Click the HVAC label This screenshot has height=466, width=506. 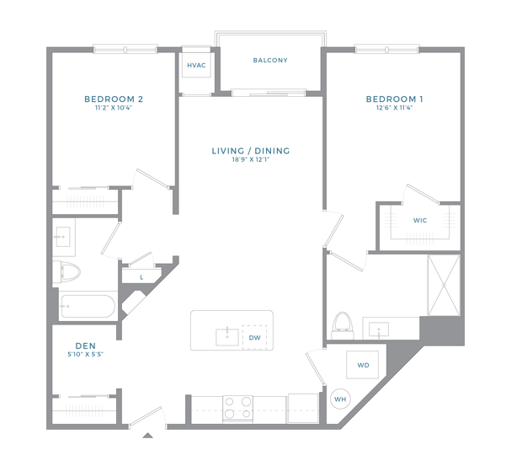[196, 65]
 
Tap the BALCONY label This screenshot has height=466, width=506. [270, 61]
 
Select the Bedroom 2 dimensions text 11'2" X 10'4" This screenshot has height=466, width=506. [114, 108]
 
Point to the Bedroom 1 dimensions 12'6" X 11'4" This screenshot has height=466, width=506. [394, 108]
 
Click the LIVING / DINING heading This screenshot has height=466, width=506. [251, 151]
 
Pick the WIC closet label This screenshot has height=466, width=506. [420, 221]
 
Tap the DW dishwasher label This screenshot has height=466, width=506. [254, 338]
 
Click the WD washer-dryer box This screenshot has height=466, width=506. [363, 365]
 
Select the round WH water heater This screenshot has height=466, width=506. [340, 399]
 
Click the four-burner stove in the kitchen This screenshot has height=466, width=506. [237, 409]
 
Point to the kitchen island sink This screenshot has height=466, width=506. [227, 337]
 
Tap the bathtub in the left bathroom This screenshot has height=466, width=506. [88, 306]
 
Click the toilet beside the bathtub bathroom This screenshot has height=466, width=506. [67, 272]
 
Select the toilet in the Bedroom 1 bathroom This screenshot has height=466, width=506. [343, 325]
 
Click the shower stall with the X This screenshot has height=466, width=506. [444, 285]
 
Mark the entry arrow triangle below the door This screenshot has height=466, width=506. [148, 436]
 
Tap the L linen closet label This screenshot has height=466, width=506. [141, 277]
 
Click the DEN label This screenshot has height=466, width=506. [86, 345]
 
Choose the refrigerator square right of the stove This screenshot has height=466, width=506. [303, 408]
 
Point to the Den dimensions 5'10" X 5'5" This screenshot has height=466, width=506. [85, 354]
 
